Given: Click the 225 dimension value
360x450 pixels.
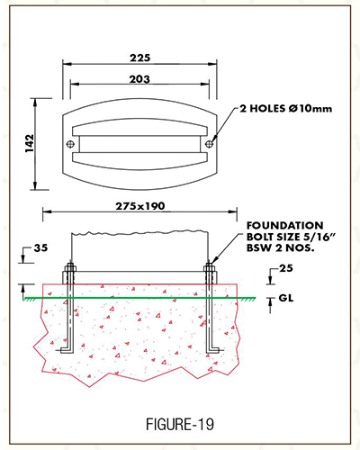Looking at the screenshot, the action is click(x=140, y=58).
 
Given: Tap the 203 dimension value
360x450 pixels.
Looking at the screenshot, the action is click(x=139, y=79).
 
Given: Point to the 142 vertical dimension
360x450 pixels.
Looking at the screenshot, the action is click(x=30, y=143).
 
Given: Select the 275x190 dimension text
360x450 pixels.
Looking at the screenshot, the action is click(x=140, y=206).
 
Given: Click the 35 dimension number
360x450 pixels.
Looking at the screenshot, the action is click(x=40, y=248).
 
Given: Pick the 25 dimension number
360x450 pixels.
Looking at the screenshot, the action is click(x=286, y=268).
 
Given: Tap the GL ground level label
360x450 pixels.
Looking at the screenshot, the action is click(x=286, y=298).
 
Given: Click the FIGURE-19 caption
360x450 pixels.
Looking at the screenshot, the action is click(x=180, y=424).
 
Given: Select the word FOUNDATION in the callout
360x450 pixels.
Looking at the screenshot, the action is click(x=285, y=225).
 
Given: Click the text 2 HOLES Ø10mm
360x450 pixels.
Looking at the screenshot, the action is click(x=286, y=108).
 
